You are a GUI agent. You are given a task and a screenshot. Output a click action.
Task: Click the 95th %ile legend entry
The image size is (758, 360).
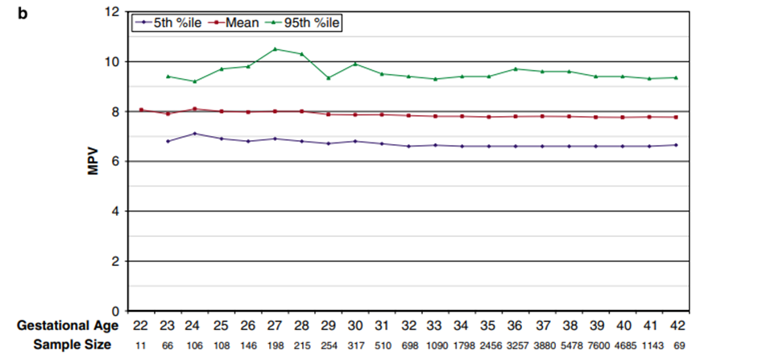[304, 22]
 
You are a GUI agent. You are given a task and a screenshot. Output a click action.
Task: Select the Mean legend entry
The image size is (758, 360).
[238, 22]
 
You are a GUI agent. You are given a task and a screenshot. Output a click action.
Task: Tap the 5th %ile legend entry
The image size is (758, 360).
[168, 22]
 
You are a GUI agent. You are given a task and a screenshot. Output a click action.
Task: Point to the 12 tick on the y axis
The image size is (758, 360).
[112, 11]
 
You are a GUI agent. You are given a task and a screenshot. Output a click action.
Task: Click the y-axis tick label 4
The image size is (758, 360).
[115, 211]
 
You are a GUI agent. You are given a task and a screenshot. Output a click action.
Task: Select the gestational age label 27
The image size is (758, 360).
[275, 326]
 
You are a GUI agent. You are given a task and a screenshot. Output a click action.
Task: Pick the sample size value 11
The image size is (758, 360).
[141, 346]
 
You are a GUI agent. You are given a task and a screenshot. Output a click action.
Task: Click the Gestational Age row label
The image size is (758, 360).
[68, 326]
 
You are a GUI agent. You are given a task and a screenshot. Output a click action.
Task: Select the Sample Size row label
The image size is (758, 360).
[72, 345]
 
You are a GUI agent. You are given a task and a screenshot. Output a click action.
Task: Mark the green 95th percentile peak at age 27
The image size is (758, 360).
[275, 49]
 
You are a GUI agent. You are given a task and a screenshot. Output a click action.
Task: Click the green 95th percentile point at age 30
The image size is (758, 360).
[354, 64]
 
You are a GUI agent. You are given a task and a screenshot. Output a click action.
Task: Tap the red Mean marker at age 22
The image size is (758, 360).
[141, 110]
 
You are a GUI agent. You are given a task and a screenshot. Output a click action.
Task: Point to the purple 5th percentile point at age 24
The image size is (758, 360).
[194, 134]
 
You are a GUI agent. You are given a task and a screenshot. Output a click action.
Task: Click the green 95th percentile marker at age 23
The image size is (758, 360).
[168, 76]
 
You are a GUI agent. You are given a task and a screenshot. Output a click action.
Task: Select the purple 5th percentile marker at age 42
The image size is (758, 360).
[675, 145]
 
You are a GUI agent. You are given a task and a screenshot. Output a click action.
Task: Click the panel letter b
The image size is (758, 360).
[23, 14]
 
